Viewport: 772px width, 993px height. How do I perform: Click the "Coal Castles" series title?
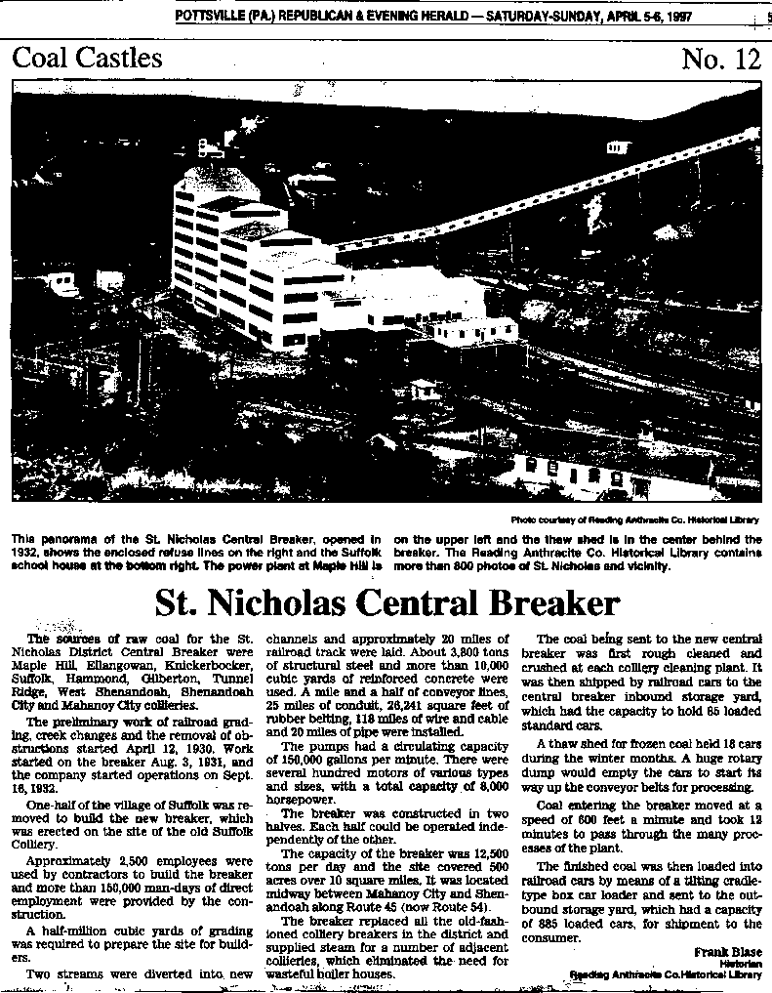[87, 58]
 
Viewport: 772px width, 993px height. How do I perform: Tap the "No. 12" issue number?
[720, 60]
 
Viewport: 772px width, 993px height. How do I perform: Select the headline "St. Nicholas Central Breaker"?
[387, 600]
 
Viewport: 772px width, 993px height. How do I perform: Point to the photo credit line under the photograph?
[634, 519]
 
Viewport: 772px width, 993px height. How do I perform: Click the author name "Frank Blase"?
[728, 951]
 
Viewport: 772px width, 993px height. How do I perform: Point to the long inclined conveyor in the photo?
[586, 195]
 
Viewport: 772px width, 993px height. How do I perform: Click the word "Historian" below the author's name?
[741, 963]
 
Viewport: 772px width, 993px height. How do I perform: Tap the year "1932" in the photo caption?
[26, 551]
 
